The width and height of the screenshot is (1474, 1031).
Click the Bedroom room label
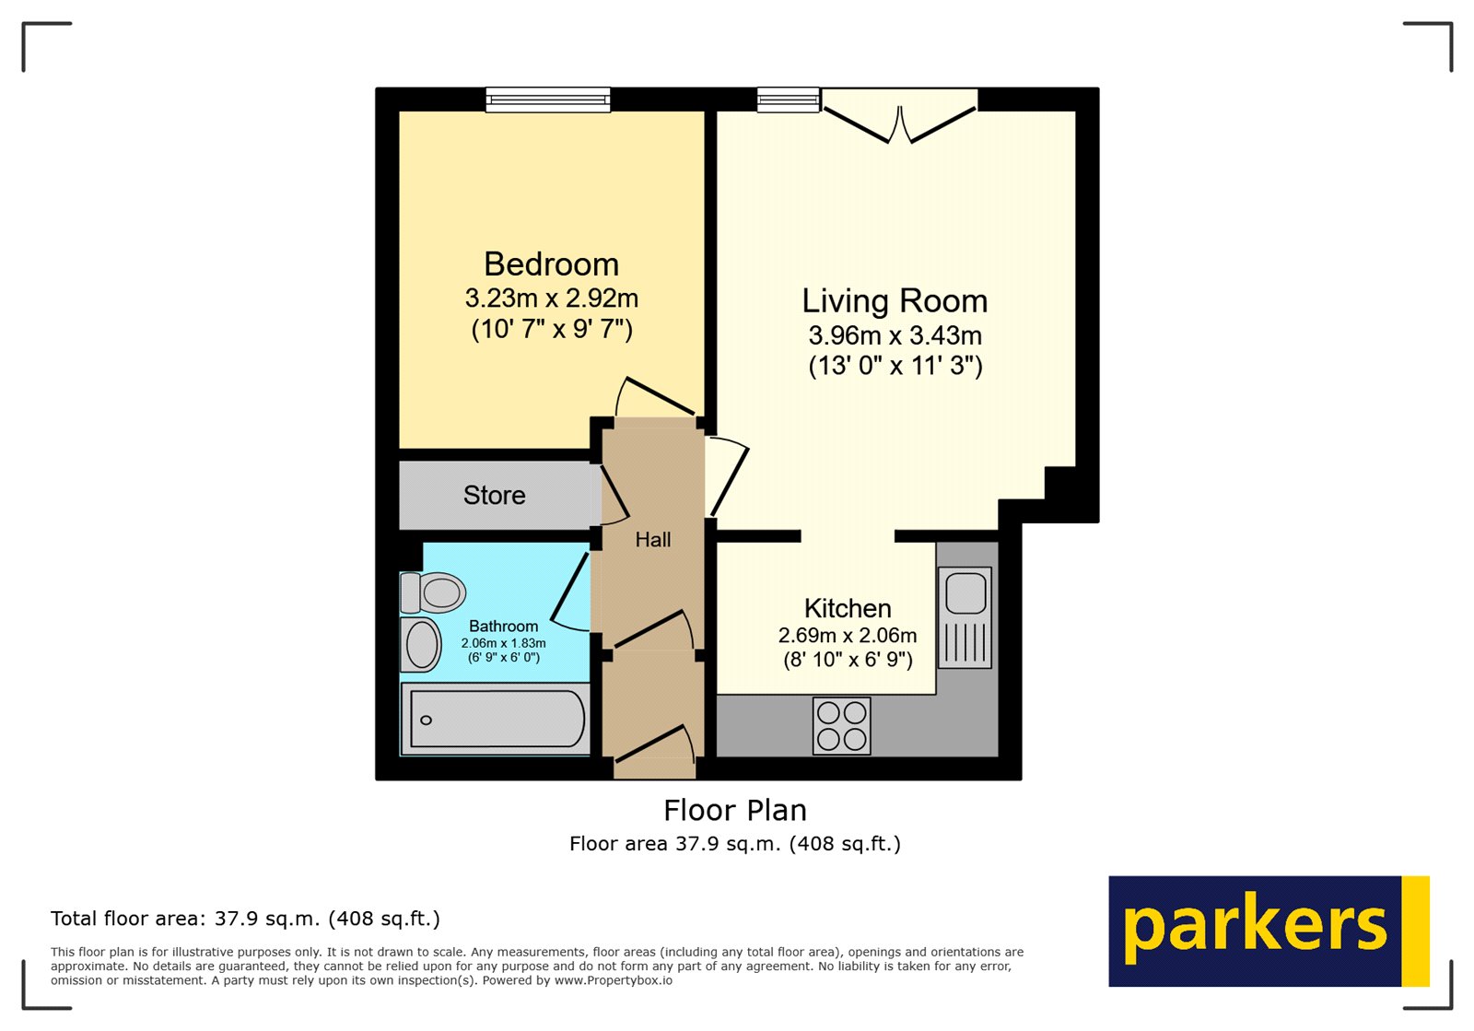[x=551, y=264]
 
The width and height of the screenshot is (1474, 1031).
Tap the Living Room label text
[x=895, y=301]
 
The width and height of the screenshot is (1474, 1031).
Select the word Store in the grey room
[x=495, y=496]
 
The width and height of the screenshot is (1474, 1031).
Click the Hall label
[x=653, y=540]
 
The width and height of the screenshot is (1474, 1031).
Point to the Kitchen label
[x=848, y=608]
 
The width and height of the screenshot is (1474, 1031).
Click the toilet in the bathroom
[x=433, y=592]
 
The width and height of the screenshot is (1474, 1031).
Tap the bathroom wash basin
[x=421, y=644]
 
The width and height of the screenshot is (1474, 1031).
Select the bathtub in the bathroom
[x=496, y=720]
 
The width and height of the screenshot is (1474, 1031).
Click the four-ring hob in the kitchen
[x=842, y=725]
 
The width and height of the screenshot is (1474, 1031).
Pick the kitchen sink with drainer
[x=965, y=616]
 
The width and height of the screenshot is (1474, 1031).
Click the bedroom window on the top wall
[x=548, y=99]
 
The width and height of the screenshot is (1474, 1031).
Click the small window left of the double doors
[x=789, y=99]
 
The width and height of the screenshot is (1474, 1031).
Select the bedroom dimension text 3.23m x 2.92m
[x=551, y=299]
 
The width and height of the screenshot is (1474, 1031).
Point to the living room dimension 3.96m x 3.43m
[x=895, y=335]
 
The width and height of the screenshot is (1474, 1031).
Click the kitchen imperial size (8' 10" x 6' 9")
[x=848, y=660]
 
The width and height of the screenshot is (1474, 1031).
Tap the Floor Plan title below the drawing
[x=735, y=810]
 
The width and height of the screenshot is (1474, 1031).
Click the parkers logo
[x=1268, y=931]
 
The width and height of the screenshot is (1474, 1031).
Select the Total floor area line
[x=245, y=919]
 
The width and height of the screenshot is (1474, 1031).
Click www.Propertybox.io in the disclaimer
[x=613, y=980]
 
